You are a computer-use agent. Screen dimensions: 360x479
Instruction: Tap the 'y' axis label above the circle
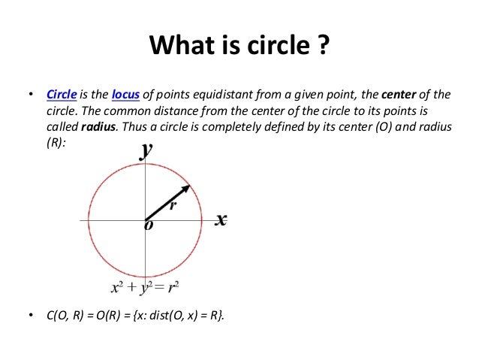click(x=146, y=150)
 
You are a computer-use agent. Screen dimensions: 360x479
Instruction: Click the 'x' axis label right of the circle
click(x=221, y=219)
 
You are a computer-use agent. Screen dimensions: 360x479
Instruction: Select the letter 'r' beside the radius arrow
click(x=172, y=204)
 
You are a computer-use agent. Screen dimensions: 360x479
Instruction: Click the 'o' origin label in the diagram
click(x=147, y=227)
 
